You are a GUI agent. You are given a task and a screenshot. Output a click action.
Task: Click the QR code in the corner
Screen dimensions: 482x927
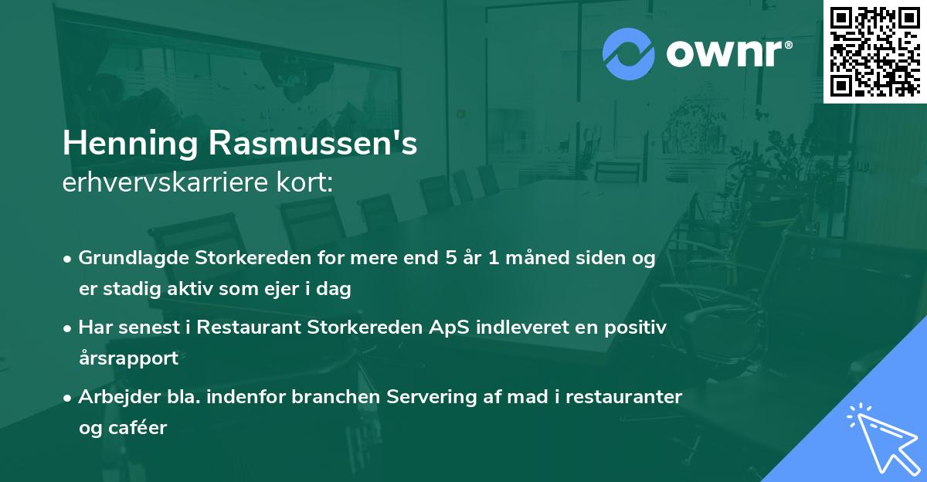pyautogui.click(x=875, y=51)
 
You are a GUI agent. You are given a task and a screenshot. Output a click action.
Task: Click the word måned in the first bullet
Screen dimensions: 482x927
pyautogui.click(x=527, y=258)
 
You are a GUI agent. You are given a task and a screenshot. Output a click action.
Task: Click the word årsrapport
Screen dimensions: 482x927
pyautogui.click(x=128, y=358)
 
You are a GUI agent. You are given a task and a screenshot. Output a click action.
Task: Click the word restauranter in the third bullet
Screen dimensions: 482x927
pyautogui.click(x=633, y=397)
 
